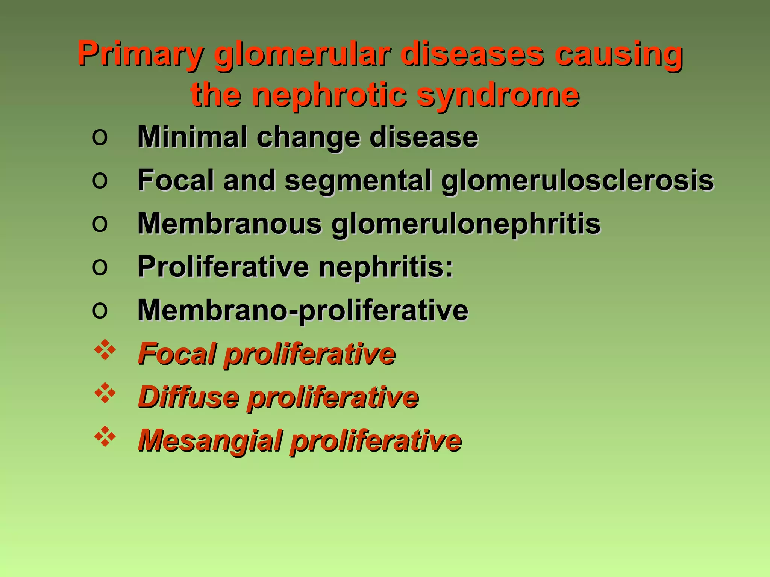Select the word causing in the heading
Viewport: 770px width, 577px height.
pos(618,55)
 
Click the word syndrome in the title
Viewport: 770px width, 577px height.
pos(498,95)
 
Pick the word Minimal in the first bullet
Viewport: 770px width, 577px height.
pos(192,137)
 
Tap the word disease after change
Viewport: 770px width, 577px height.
pos(424,137)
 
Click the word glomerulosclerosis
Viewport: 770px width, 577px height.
pos(577,180)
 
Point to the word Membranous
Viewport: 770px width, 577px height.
pos(230,224)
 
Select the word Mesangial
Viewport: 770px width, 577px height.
pos(210,441)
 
